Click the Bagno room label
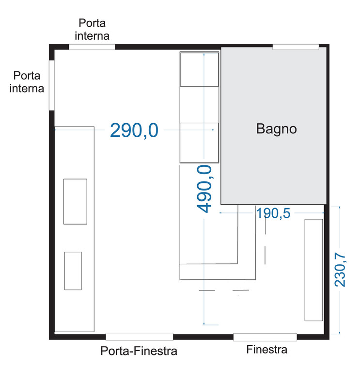[276, 129]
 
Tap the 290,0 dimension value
[134, 130]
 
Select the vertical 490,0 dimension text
[204, 189]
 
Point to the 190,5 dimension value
[273, 213]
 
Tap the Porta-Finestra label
[139, 351]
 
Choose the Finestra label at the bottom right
[266, 349]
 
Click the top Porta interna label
[94, 29]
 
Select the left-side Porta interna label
[29, 82]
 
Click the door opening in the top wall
[92, 47]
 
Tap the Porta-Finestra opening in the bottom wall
[140, 337]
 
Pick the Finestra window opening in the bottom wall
[265, 337]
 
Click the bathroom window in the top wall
[296, 47]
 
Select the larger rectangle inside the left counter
[75, 201]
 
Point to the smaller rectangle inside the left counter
[73, 271]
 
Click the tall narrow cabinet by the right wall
[313, 270]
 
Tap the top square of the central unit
[200, 69]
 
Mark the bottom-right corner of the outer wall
[328, 337]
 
